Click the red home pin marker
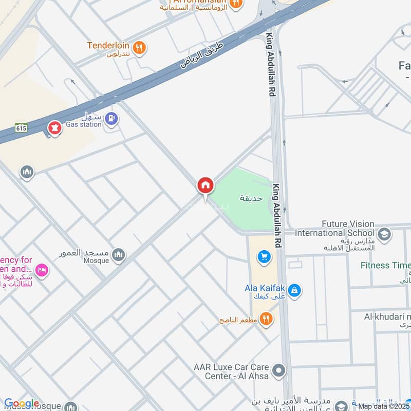pyautogui.click(x=205, y=185)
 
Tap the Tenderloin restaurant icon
pyautogui.click(x=139, y=48)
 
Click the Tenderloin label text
pyautogui.click(x=108, y=46)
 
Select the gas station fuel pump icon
pyautogui.click(x=111, y=119)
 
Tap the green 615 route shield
pyautogui.click(x=21, y=127)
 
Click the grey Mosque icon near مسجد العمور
pyautogui.click(x=119, y=254)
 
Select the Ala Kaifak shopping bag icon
pyautogui.click(x=294, y=291)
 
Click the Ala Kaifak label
pyautogui.click(x=265, y=288)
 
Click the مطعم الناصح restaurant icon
pyautogui.click(x=266, y=319)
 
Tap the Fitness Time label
pyautogui.click(x=385, y=266)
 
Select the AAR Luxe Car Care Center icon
pyautogui.click(x=278, y=370)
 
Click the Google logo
pyautogui.click(x=22, y=404)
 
